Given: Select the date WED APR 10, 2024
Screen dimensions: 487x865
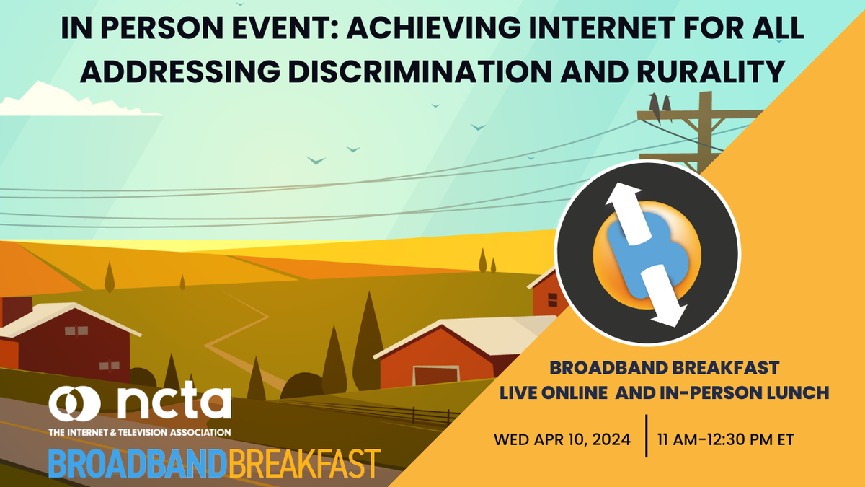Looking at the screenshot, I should point(562,439).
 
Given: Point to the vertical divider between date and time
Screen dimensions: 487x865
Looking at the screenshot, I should point(646,436).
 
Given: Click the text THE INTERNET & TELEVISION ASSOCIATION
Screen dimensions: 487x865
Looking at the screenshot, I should point(139,431).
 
